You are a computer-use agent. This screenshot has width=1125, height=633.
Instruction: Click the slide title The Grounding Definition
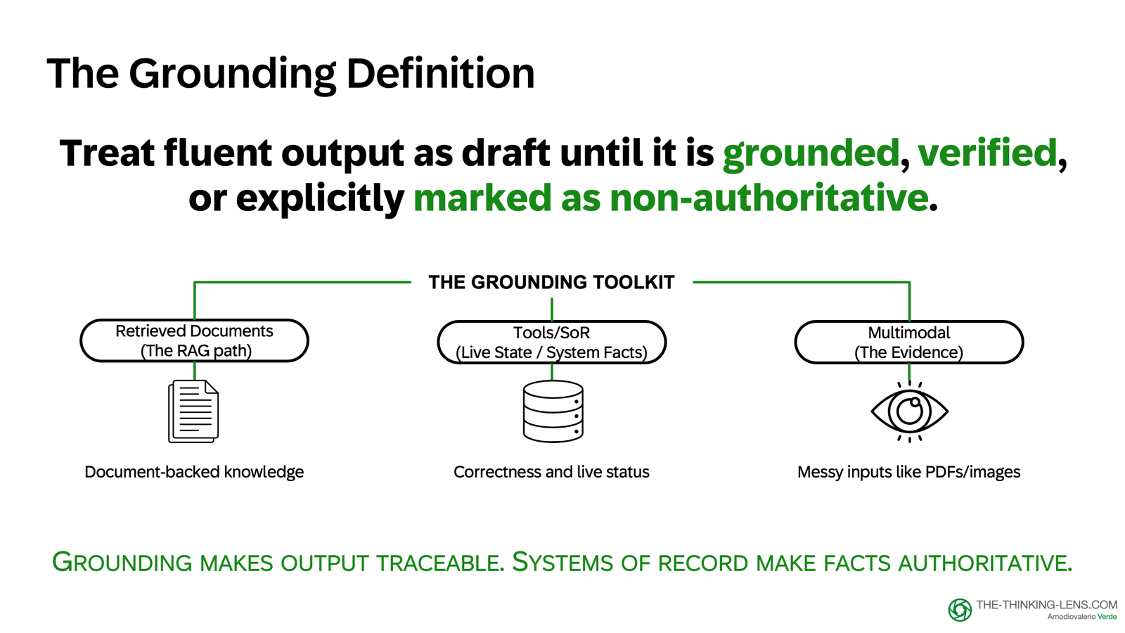click(290, 73)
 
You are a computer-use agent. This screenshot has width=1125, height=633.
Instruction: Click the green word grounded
click(811, 153)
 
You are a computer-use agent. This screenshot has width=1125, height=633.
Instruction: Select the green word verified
click(987, 153)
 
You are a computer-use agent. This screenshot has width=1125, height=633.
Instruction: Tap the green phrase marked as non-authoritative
click(670, 198)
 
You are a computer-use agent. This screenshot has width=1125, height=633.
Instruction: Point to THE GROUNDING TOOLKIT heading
click(551, 282)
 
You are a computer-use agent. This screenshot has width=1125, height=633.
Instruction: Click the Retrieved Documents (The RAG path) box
click(195, 341)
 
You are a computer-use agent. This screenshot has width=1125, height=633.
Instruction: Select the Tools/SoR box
click(551, 343)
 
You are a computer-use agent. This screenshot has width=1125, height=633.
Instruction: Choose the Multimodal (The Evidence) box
click(908, 343)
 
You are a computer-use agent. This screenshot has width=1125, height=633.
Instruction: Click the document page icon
click(193, 411)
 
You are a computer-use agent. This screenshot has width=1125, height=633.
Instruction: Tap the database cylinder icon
click(553, 411)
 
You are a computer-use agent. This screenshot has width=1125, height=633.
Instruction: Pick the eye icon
click(909, 411)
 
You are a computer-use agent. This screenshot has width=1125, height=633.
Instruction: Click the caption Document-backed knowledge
click(194, 472)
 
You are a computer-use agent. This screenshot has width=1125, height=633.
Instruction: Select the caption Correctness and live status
click(551, 472)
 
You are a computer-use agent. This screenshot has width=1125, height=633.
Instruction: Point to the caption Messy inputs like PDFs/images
click(908, 472)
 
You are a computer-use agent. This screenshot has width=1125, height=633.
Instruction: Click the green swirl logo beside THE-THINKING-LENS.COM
click(960, 610)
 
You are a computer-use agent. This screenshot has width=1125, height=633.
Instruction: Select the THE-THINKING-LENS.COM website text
click(1046, 605)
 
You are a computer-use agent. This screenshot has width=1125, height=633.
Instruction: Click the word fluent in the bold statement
click(218, 153)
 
